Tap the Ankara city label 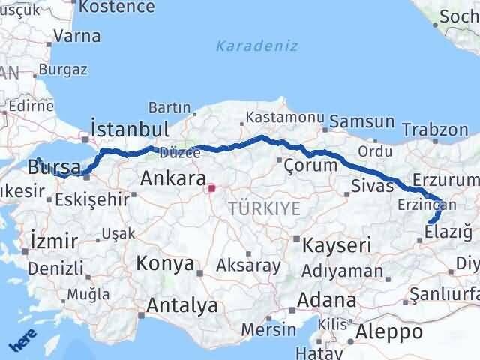[173, 179]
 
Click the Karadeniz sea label [256, 46]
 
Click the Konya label [165, 264]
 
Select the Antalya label [182, 305]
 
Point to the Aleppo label [390, 331]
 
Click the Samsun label [362, 121]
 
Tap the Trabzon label [435, 129]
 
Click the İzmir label [54, 241]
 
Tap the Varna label [78, 35]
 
